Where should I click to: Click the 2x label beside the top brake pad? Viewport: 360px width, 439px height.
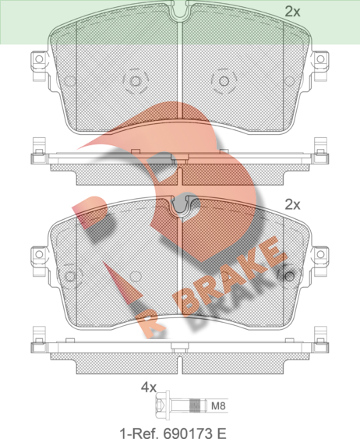(x=292, y=12)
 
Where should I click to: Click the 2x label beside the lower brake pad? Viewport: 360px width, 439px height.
(x=292, y=204)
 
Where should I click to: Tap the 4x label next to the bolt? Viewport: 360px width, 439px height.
(x=149, y=388)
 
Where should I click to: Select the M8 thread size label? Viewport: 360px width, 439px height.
(x=218, y=405)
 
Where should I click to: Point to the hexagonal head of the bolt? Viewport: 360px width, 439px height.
(x=160, y=405)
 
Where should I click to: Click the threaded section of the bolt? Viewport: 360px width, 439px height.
(x=196, y=405)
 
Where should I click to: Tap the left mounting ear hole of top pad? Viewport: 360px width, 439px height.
(x=39, y=59)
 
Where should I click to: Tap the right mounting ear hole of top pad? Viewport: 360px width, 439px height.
(x=320, y=59)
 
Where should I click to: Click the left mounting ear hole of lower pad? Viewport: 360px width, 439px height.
(x=39, y=254)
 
